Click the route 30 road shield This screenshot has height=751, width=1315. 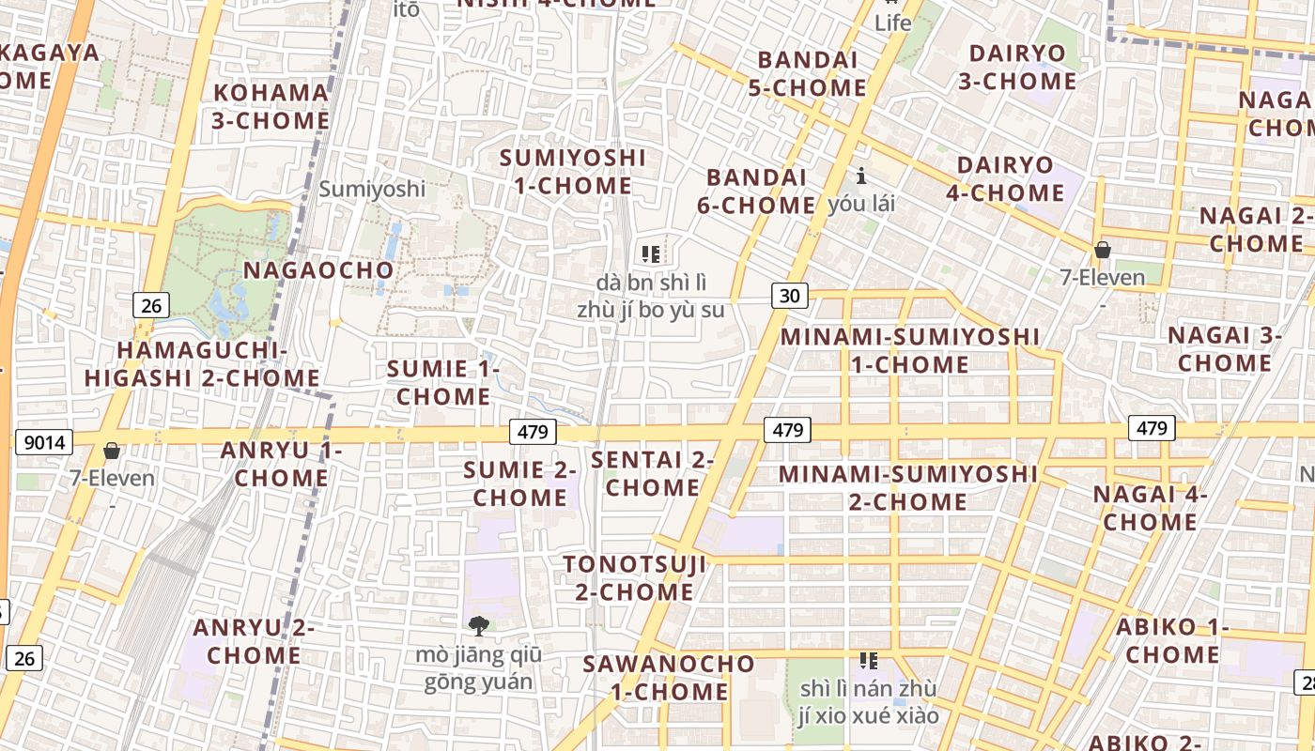pos(791,297)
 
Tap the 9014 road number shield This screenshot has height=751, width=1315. pos(44,442)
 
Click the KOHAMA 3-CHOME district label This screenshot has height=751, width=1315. pos(271,106)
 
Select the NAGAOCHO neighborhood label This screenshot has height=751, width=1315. pos(318,270)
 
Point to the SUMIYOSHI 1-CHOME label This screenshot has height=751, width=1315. pos(573,171)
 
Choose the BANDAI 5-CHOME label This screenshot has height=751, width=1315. pos(812,73)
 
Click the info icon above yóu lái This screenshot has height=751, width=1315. pos(861,176)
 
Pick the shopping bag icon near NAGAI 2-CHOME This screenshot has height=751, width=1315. pos(1103,250)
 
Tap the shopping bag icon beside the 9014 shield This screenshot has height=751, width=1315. pos(112,452)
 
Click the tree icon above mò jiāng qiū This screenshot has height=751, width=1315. pos(479,626)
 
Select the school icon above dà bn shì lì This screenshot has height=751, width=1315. pos(651,253)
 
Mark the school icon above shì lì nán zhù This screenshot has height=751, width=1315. pos(868,661)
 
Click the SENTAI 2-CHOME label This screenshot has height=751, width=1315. pos(653,473)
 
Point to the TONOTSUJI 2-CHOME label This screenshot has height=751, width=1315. pos(634,577)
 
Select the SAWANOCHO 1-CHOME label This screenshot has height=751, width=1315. pos(668,677)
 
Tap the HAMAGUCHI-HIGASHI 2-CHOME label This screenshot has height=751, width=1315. pos(203,364)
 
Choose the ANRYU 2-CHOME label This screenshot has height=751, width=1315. pos(254,641)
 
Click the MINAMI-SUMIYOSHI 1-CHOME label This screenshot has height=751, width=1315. pos(910,350)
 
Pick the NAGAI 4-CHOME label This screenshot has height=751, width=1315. pos(1150,507)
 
